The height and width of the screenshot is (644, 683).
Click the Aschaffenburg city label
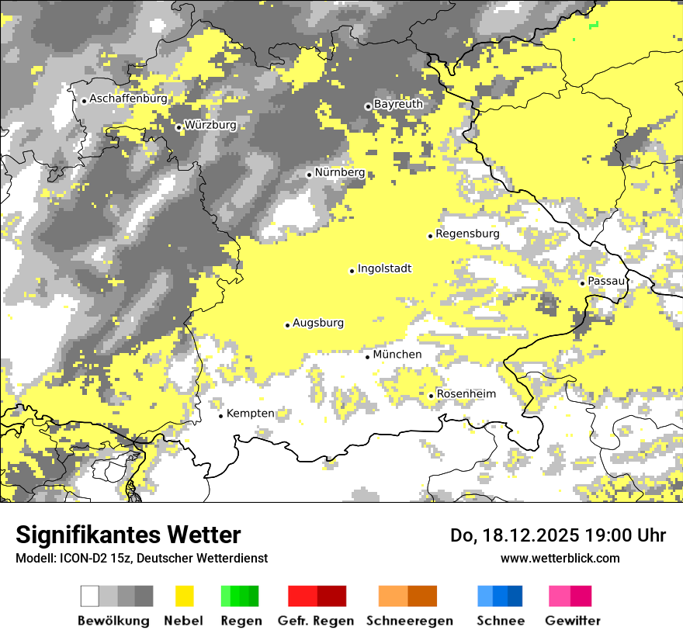128,99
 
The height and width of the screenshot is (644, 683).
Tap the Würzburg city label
210,126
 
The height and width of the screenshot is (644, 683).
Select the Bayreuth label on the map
398,104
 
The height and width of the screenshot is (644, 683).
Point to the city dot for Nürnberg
309,175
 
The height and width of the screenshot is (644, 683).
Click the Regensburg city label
467,234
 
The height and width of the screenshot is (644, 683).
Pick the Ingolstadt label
384,269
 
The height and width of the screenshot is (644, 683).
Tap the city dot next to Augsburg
287,325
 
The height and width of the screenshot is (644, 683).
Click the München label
397,355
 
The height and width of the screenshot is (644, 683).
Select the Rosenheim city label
466,394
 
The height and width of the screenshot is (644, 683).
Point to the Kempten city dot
220,416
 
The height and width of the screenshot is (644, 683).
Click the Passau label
606,280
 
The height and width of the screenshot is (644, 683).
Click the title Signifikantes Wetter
128,535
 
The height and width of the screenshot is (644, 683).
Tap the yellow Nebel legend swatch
185,596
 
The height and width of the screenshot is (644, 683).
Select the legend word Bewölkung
113,621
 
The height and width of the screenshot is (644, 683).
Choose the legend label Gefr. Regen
315,621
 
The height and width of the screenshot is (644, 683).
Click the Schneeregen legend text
410,621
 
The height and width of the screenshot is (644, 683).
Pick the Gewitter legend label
572,621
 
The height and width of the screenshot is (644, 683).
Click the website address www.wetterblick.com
560,558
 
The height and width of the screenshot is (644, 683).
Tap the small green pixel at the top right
595,26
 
